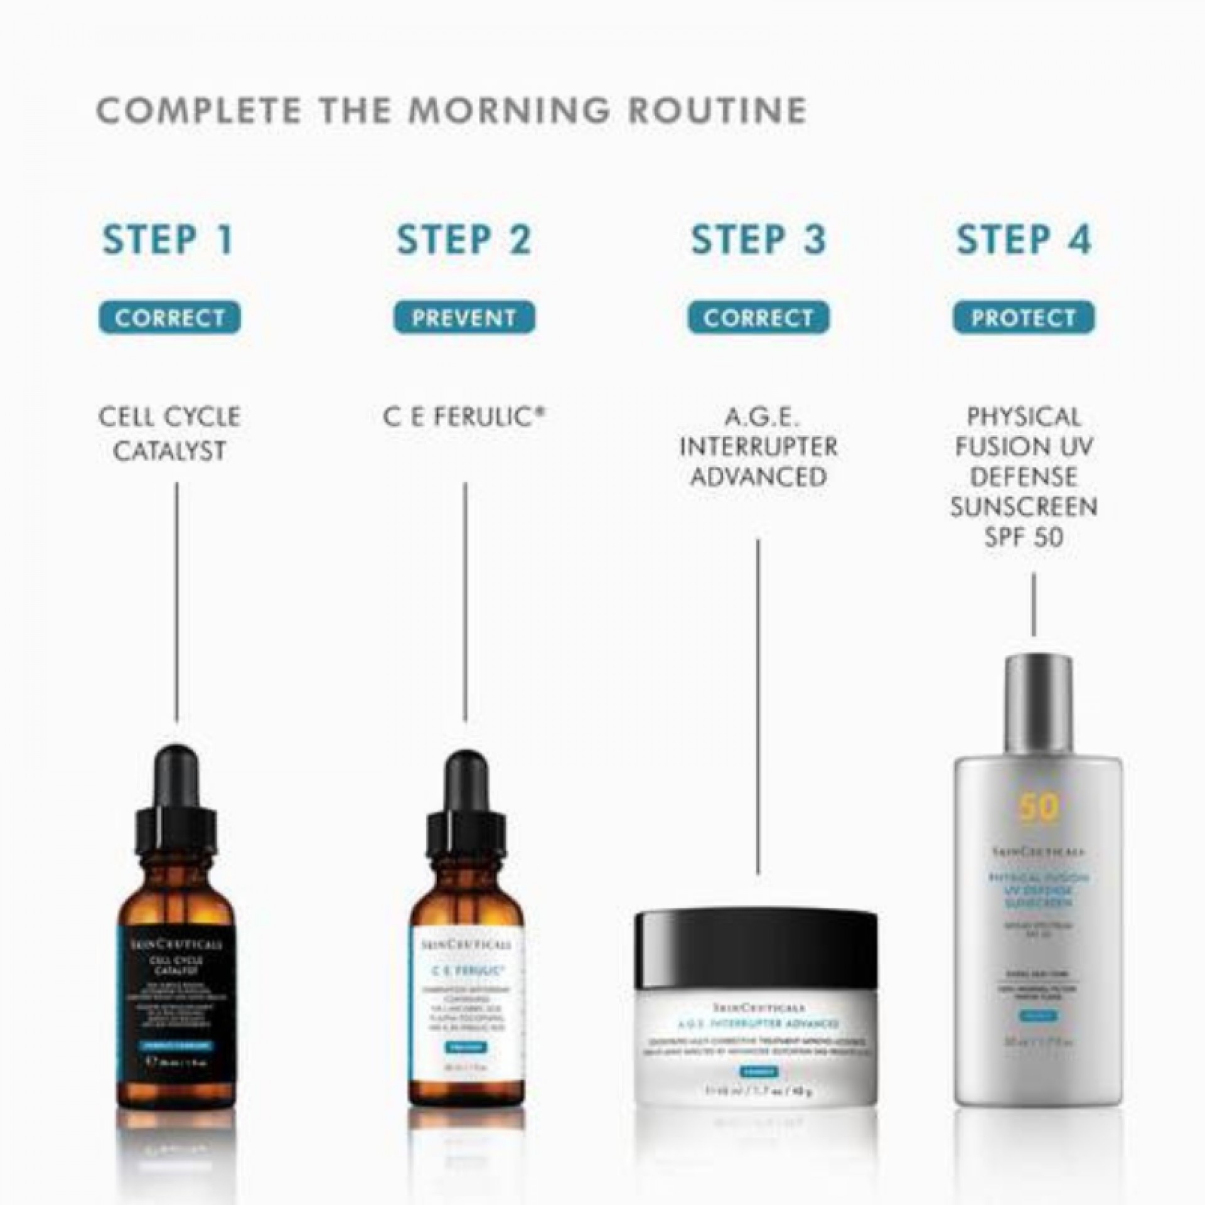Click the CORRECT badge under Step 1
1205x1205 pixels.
(169, 318)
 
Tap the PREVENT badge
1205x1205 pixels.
(464, 318)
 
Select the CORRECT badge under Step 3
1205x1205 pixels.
(758, 318)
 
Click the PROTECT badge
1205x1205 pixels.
(1024, 318)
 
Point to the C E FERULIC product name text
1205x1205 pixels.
(464, 417)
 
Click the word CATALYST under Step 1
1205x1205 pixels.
(169, 451)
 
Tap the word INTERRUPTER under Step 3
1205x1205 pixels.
(758, 447)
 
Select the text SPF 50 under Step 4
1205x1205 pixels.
(1024, 537)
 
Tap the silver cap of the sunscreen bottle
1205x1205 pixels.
(1037, 703)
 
